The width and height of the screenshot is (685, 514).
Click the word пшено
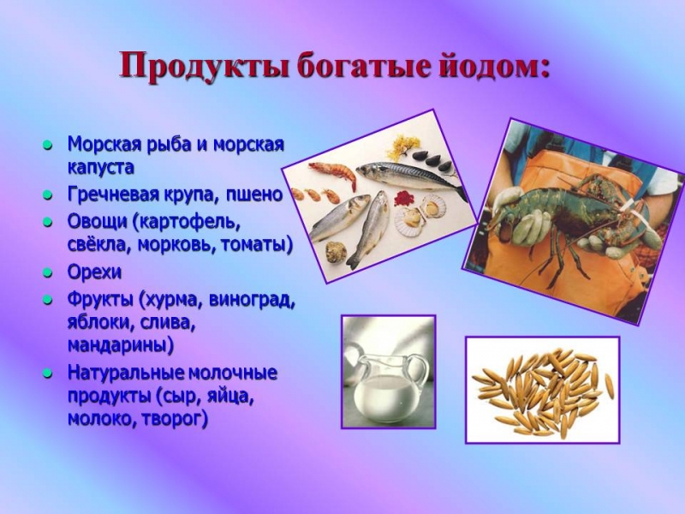(x=254, y=194)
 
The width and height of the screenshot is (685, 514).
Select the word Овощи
(x=96, y=220)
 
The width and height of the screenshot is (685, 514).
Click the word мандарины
(x=120, y=346)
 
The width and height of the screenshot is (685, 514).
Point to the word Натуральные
(x=126, y=374)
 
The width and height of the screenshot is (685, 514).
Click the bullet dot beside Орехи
(x=49, y=273)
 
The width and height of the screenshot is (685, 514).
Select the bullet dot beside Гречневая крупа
(x=49, y=195)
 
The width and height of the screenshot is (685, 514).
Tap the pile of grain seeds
(x=542, y=390)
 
